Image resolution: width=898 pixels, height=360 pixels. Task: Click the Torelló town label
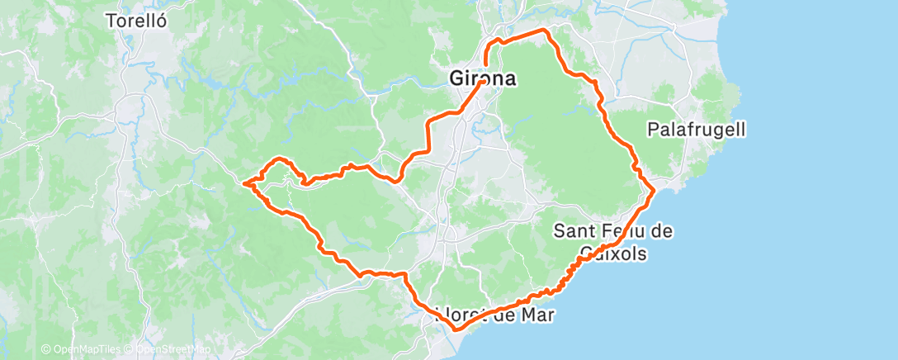(x=137, y=21)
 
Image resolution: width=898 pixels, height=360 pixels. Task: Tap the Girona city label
(x=484, y=79)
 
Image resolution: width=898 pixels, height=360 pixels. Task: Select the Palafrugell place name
(x=697, y=130)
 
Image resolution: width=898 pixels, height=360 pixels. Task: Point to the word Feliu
(x=623, y=231)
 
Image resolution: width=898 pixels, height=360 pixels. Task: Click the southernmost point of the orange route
(x=456, y=329)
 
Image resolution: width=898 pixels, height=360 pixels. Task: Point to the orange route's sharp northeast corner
(x=545, y=30)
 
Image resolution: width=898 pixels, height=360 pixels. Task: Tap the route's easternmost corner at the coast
(x=655, y=191)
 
